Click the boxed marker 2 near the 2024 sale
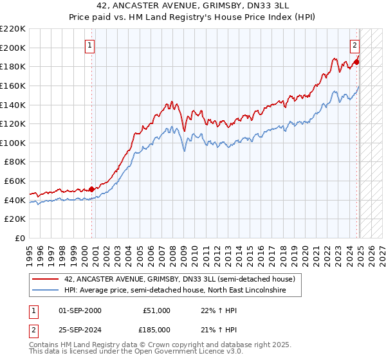(x=354, y=45)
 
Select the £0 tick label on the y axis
(x=20, y=238)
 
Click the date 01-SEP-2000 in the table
(x=80, y=310)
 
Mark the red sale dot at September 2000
(x=91, y=189)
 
